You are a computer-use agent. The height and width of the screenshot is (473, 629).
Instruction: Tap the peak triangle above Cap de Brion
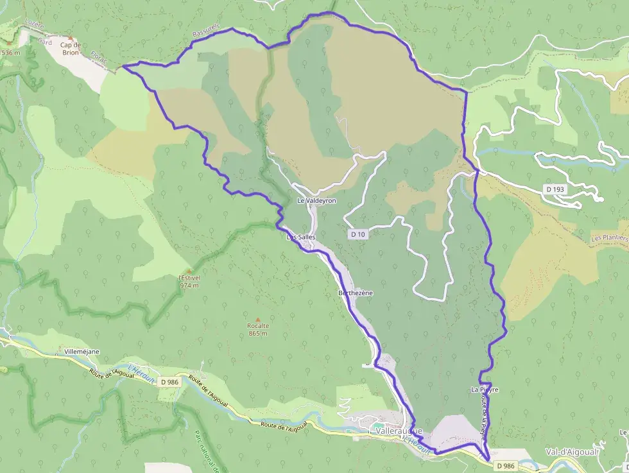(71, 39)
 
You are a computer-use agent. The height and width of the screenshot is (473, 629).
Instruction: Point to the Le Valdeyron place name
(316, 201)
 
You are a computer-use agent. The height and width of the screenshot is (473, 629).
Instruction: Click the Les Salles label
(300, 237)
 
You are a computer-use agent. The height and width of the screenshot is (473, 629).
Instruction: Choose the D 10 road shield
(358, 235)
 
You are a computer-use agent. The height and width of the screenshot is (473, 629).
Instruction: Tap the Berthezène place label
(355, 293)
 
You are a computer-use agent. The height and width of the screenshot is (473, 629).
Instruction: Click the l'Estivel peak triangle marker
(189, 270)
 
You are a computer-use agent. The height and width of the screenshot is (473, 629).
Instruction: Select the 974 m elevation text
(189, 286)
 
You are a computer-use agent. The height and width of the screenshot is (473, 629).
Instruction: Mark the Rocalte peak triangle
(257, 318)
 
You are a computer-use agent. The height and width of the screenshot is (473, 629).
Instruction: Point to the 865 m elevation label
(257, 333)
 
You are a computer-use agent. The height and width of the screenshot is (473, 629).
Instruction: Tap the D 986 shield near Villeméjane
(169, 382)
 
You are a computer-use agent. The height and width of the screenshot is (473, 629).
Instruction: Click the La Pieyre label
(485, 390)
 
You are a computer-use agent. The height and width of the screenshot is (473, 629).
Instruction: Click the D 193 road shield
(556, 189)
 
